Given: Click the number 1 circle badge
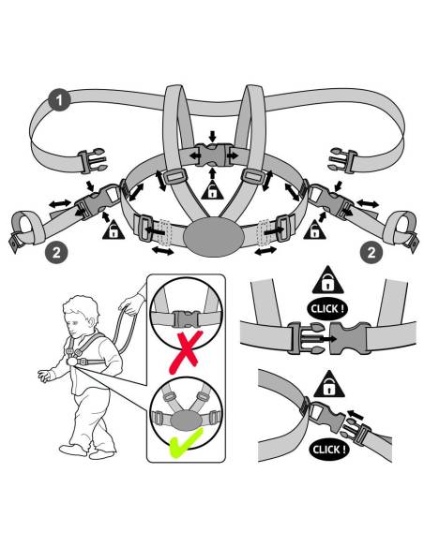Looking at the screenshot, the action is tap(59, 100).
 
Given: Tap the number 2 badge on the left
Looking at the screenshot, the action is tap(56, 252).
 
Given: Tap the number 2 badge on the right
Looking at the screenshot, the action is tap(371, 252).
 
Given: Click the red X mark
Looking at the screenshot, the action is tap(186, 352).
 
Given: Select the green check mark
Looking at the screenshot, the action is tap(186, 443).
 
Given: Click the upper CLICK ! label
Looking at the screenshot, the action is tap(327, 309).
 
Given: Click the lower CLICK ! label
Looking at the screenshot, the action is tap(329, 450).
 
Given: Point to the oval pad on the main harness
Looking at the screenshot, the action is tap(213, 237).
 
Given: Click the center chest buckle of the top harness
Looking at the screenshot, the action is tap(213, 155).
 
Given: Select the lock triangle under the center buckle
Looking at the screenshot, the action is tap(212, 189).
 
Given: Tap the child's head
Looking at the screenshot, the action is tap(81, 315).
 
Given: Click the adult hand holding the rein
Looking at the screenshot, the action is tap(131, 304).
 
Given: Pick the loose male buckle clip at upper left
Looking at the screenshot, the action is tap(92, 160).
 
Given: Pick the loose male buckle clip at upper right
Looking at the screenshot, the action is tap(343, 160).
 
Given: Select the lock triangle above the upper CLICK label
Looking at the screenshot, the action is tap(327, 281).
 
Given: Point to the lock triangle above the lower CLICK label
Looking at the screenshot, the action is tap(329, 385).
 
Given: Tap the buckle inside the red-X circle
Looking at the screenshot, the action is tap(186, 318).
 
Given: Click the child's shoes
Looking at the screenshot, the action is tap(87, 451).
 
